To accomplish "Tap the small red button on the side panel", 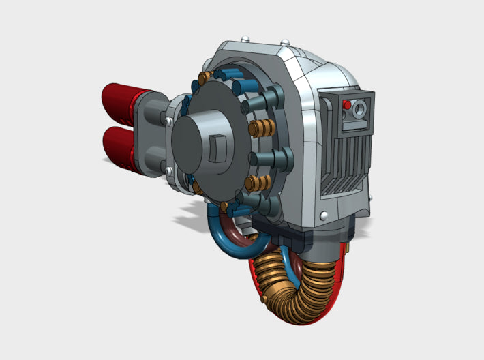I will click(x=346, y=106).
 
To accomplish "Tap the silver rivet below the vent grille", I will click(x=322, y=215).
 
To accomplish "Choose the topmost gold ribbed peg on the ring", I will click(x=205, y=76).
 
